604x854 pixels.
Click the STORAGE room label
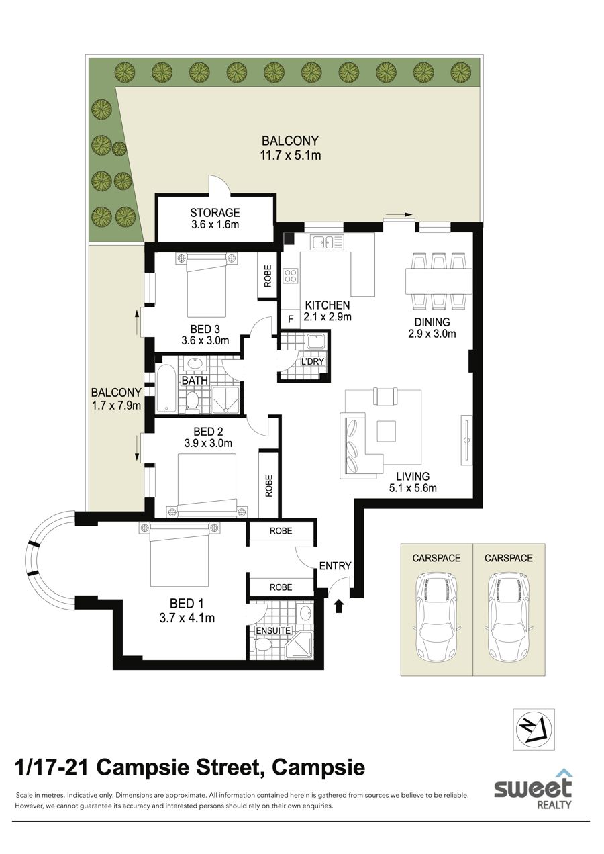pos(215,212)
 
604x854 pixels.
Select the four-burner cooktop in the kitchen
pos(291,276)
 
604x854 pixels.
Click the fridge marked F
pos(291,319)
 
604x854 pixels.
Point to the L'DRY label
pos(313,361)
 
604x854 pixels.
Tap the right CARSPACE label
pos(508,558)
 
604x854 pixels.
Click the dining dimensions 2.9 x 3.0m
pos(432,334)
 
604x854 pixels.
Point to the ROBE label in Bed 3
pos(268,276)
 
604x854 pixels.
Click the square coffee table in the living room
pos(387,431)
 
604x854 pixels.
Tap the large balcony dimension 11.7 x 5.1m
pos(291,155)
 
